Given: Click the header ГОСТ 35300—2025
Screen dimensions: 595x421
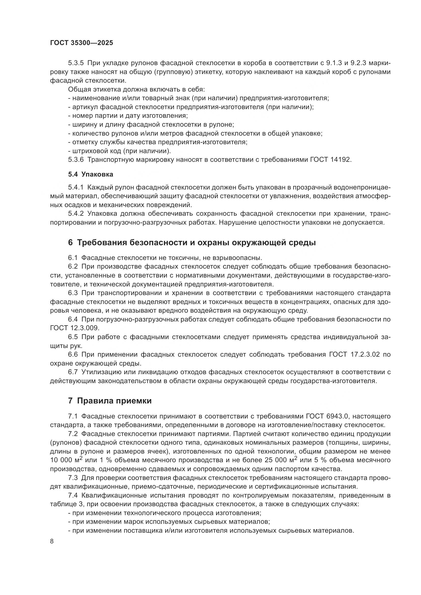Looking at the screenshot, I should [x=81, y=43].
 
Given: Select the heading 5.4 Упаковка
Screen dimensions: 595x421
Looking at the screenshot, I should [x=90, y=175].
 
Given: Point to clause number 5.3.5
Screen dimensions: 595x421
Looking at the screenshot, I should [x=76, y=63].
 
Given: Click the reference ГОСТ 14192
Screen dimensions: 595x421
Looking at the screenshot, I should [x=331, y=160].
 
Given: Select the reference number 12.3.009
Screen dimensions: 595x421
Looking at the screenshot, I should [x=85, y=328].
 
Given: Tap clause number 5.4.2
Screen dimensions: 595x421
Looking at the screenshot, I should [x=76, y=213].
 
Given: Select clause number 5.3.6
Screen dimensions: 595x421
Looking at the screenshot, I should [x=76, y=160].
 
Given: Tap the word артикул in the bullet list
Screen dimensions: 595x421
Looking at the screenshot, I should [x=85, y=107].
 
